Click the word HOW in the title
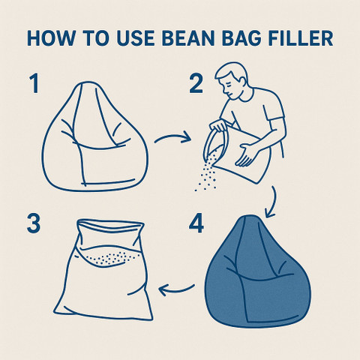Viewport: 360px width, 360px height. [51, 38]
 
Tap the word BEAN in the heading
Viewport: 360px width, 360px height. [188, 38]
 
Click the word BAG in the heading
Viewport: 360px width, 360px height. [242, 38]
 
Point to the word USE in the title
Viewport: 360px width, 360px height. [136, 38]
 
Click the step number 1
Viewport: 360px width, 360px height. [34, 83]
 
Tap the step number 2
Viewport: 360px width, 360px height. [196, 83]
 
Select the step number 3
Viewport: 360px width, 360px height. [34, 223]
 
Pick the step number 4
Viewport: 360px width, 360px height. [196, 223]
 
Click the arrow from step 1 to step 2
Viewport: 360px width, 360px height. [172, 136]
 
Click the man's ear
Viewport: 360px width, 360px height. [241, 82]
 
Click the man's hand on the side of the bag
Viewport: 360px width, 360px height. [247, 154]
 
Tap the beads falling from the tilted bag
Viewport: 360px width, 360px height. [206, 172]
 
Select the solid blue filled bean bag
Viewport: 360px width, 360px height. [257, 271]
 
